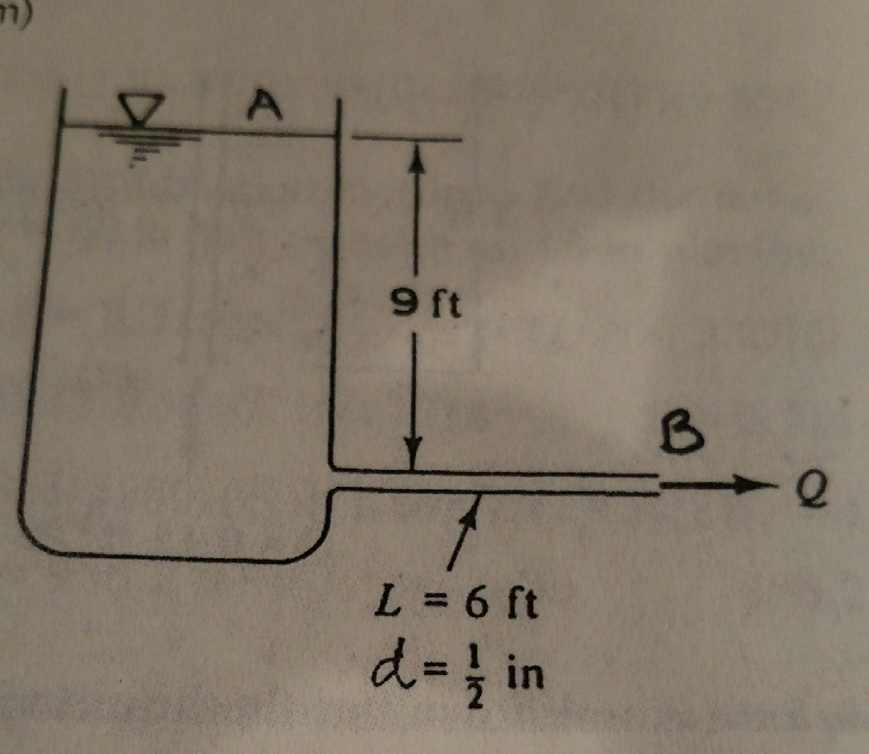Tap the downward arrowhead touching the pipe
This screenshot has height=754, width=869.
pyautogui.click(x=413, y=459)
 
